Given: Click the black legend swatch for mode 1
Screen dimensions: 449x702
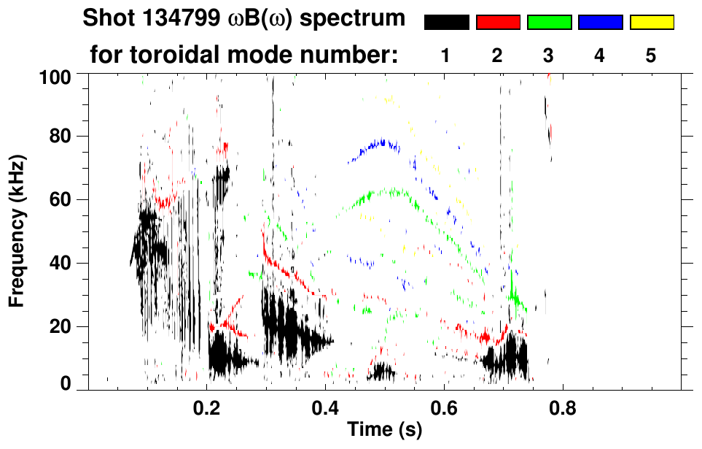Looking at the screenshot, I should [447, 23].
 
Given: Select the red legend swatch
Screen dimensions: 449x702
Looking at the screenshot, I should [498, 23].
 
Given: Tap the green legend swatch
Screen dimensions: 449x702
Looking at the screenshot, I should [549, 23].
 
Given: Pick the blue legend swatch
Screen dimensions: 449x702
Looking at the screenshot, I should [600, 23].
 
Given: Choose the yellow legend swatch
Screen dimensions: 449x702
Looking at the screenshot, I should [651, 23].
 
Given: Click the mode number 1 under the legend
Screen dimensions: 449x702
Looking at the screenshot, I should [445, 56].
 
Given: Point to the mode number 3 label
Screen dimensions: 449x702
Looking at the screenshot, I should [549, 56].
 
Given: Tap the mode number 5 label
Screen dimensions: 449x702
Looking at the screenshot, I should [651, 56].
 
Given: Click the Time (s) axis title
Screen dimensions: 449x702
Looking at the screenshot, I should [384, 430].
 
